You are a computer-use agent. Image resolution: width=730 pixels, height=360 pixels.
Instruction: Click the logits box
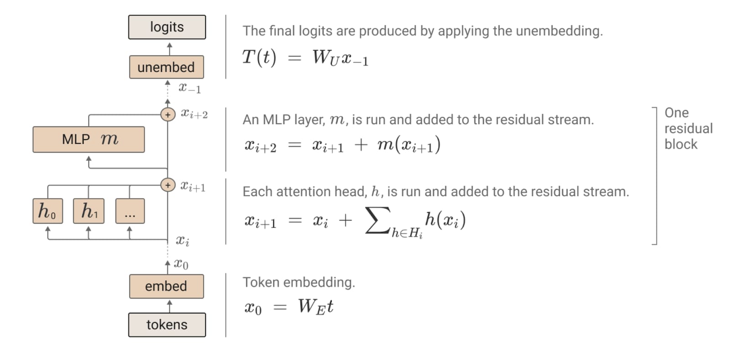tap(167, 27)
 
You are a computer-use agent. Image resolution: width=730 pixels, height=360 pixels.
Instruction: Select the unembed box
tap(167, 67)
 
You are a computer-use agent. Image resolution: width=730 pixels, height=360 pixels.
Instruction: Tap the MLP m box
tap(89, 139)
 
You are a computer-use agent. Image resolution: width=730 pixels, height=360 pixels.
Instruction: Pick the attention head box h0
tap(47, 211)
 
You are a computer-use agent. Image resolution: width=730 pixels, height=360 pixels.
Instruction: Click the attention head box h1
tap(89, 211)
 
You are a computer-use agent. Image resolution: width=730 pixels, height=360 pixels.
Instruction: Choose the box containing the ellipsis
tap(130, 211)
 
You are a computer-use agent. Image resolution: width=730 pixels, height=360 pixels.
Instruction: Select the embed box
tap(167, 286)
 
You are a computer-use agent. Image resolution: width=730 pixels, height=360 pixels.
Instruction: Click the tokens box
tap(167, 324)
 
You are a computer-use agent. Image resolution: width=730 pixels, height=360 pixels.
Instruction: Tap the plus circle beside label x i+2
tap(168, 114)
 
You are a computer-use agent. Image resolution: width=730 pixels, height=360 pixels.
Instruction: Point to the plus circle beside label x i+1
tap(168, 185)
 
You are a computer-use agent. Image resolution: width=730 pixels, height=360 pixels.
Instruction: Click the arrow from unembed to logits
tap(170, 48)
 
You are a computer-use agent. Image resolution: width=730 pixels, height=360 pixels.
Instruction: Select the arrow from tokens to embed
tap(170, 306)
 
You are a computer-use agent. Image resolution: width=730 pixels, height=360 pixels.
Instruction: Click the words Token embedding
tap(298, 282)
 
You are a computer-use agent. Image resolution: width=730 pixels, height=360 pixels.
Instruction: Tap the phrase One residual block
tap(688, 129)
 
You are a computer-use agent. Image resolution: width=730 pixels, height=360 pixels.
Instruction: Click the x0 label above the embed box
tap(181, 264)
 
